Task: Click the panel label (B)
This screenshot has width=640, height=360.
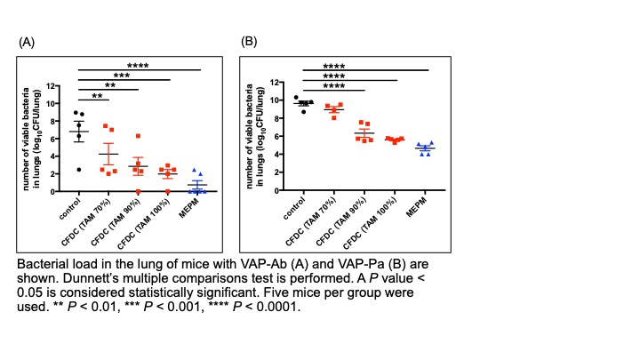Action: point(250,42)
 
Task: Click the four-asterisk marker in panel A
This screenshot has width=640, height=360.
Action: point(137,65)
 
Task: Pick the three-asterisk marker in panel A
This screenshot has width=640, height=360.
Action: point(123,76)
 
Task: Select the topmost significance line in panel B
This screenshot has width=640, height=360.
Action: point(365,70)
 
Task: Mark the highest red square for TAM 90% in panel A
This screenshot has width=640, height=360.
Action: point(138,136)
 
